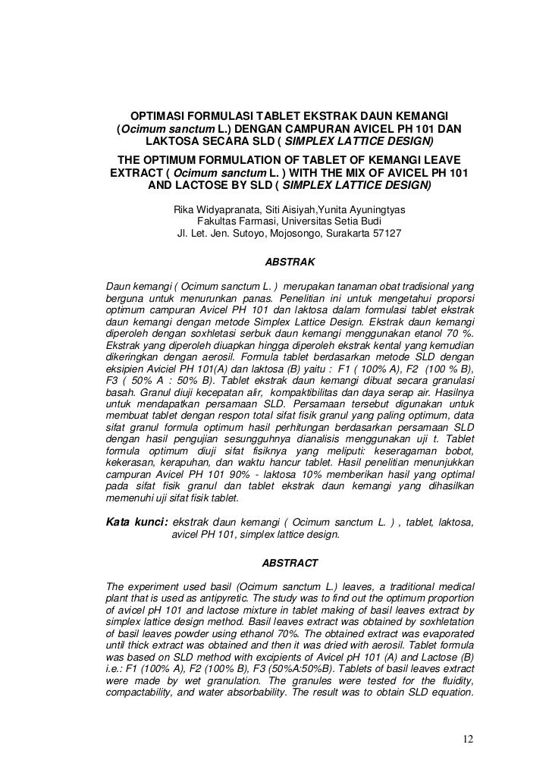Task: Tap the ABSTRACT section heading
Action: point(289,564)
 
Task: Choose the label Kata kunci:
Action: point(136,522)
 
